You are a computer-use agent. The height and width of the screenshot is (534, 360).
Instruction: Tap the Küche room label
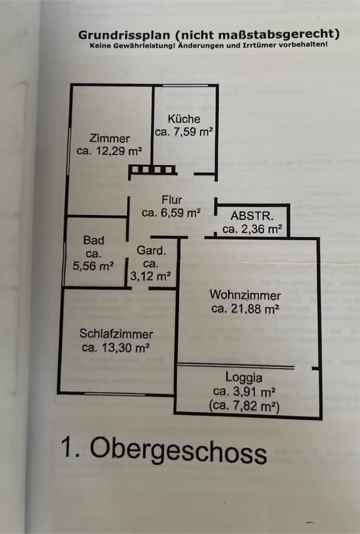(184, 118)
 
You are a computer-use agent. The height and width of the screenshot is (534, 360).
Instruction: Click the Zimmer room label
(110, 139)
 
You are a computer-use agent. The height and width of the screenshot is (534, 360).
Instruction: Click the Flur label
(171, 200)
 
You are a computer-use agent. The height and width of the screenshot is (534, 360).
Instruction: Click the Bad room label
(93, 240)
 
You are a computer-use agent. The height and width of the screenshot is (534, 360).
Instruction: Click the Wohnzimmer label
(245, 295)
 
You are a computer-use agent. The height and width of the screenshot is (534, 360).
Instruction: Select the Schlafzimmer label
(116, 334)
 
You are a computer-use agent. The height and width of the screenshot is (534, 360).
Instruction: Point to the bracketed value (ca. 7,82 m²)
(244, 406)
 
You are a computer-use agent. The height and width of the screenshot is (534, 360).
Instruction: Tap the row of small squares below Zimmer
(153, 170)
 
